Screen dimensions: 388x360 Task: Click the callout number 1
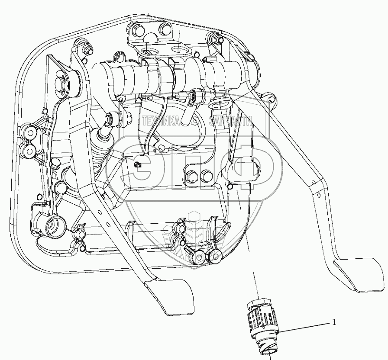point(333,322)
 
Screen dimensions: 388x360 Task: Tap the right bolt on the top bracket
point(165,29)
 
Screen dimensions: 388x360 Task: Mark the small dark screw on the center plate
point(137,164)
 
